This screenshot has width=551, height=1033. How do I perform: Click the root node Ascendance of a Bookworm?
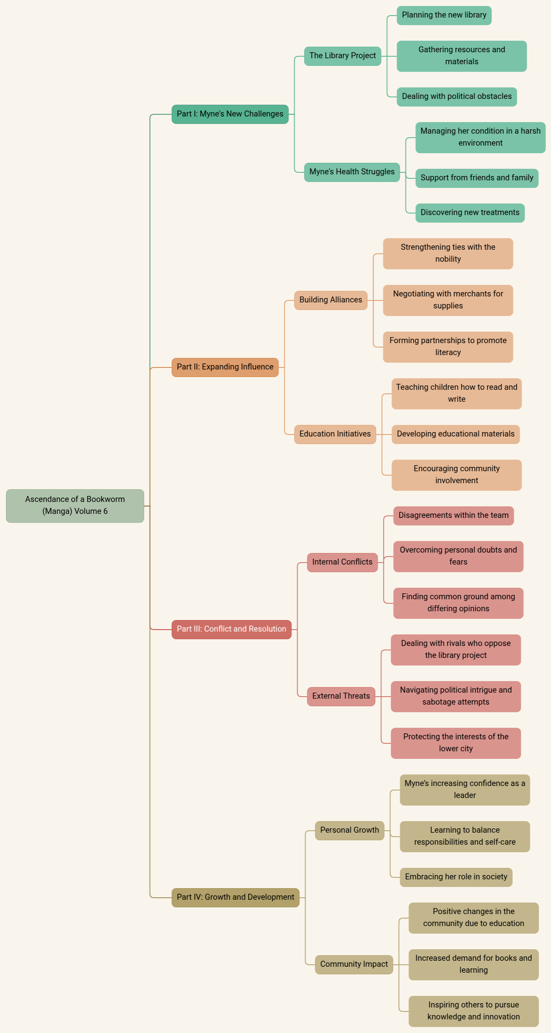pos(75,506)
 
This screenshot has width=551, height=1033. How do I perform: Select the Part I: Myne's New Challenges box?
pos(230,114)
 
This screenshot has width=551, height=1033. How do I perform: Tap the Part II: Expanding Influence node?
pos(225,367)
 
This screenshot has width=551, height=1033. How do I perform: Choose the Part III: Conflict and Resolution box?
pos(231,630)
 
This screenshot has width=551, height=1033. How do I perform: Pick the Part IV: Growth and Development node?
pos(235,897)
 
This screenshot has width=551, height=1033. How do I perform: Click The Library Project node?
pos(342,56)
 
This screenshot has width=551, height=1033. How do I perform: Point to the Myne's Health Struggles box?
pos(352,172)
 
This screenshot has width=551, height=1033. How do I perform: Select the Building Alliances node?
pos(330,300)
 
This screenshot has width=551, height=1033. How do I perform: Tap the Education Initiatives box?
pos(335,434)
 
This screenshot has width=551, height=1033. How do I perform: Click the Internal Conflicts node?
pos(342,562)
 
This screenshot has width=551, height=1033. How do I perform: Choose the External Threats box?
pos(341,696)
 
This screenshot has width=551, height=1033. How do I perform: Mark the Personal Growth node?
pos(349,830)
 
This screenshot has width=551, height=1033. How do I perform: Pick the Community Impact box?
pos(354,964)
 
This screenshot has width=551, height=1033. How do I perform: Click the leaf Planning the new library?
pos(444,16)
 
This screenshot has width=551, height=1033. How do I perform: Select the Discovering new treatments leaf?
pos(470,213)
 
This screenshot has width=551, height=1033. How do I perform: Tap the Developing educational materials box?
pos(456,434)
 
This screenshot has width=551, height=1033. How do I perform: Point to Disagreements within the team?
pos(454,516)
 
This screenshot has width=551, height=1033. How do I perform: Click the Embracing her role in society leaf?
pos(456,877)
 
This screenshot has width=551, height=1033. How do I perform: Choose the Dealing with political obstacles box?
pos(457,97)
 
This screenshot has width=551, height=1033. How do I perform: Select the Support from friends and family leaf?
pos(477,178)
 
